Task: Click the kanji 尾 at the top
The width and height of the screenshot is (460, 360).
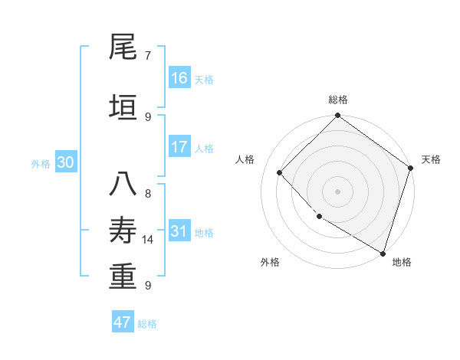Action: [x=123, y=47]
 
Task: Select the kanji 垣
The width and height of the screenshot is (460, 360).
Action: [x=123, y=107]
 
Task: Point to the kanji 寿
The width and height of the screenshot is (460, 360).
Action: [x=123, y=231]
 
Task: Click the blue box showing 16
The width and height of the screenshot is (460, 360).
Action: [x=179, y=78]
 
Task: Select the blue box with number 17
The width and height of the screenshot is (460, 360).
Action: [x=179, y=147]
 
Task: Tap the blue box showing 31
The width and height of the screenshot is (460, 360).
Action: [x=179, y=231]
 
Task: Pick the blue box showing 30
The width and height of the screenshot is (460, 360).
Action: [x=66, y=162]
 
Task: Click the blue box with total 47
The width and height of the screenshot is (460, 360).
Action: [x=123, y=322]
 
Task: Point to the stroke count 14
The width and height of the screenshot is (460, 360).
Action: [x=148, y=240]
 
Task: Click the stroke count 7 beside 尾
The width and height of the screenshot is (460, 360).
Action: [x=148, y=55]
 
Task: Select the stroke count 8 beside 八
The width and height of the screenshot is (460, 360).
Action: [x=148, y=194]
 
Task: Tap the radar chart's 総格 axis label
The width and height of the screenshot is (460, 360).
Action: [x=338, y=100]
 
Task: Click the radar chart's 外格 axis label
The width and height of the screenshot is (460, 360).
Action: [x=270, y=262]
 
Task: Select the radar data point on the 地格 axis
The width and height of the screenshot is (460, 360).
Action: [x=383, y=252]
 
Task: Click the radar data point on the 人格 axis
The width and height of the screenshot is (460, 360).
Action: [x=280, y=172]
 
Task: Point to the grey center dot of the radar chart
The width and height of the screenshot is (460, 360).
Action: [x=338, y=191]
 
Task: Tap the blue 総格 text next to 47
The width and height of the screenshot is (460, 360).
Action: [x=147, y=324]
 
